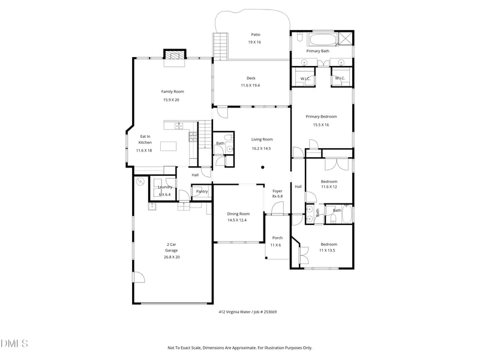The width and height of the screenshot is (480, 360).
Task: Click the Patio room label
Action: pyautogui.click(x=254, y=34)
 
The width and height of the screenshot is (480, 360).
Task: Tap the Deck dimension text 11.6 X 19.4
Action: pyautogui.click(x=254, y=86)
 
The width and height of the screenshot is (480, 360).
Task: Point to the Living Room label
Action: pyautogui.click(x=262, y=139)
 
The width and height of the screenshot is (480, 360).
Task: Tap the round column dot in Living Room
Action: pyautogui.click(x=262, y=167)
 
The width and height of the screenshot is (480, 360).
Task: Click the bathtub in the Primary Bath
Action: pyautogui.click(x=322, y=41)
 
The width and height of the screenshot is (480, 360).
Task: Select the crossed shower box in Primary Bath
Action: pyautogui.click(x=346, y=39)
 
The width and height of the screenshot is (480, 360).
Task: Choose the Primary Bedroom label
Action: pyautogui.click(x=321, y=116)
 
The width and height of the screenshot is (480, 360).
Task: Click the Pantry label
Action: pyautogui.click(x=202, y=191)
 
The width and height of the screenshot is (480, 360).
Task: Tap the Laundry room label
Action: pyautogui.click(x=165, y=187)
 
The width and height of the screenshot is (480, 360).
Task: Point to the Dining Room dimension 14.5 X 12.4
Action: pyautogui.click(x=237, y=220)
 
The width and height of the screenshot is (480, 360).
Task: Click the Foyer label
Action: pyautogui.click(x=277, y=191)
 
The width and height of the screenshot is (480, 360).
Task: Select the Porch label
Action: pyautogui.click(x=277, y=238)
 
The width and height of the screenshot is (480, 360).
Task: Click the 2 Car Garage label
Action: pyautogui.click(x=172, y=244)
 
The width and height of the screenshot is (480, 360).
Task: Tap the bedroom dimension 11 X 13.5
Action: pyautogui.click(x=328, y=250)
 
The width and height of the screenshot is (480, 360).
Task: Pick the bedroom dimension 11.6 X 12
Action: pyautogui.click(x=329, y=187)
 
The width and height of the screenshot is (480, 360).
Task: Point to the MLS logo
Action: pyautogui.click(x=14, y=344)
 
